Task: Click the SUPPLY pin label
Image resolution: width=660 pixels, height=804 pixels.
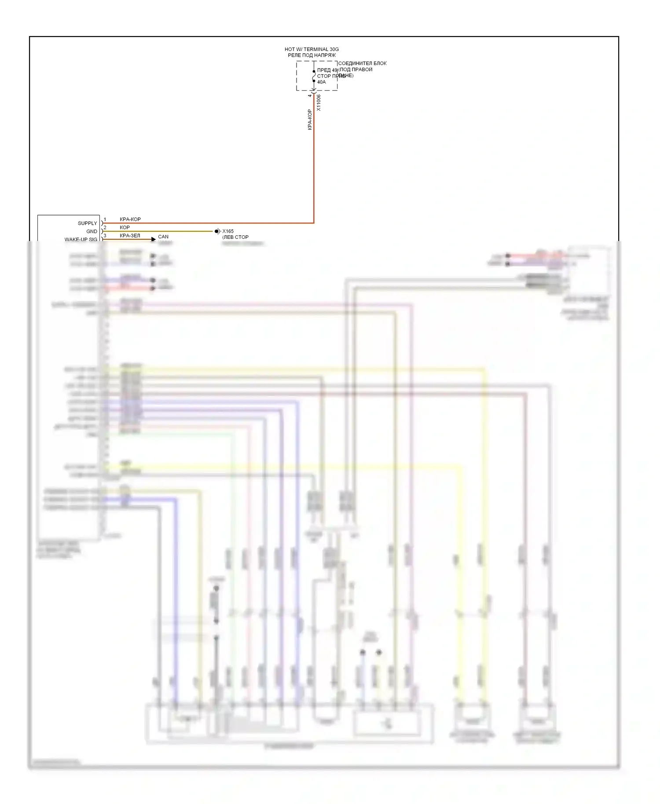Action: [87, 223]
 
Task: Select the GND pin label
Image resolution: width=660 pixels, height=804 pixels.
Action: [92, 231]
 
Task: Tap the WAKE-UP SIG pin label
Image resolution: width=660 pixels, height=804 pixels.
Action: [81, 239]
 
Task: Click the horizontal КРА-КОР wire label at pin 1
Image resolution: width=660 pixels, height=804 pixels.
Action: [130, 219]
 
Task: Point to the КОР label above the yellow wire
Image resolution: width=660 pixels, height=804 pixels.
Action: [125, 227]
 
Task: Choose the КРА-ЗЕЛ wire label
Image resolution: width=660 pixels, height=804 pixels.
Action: [130, 236]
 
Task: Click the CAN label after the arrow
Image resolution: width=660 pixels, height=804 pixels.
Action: [163, 237]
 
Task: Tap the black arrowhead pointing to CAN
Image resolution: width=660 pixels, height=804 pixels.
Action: [153, 239]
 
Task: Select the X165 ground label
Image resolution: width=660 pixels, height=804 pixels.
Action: [228, 231]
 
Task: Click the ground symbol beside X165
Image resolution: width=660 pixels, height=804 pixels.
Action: [217, 231]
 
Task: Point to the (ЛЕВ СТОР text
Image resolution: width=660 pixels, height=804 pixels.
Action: [235, 237]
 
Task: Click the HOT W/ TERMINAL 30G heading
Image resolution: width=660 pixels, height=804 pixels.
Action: [312, 49]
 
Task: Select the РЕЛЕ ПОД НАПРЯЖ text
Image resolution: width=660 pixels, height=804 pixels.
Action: [312, 55]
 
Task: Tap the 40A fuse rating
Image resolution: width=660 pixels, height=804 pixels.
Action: [322, 82]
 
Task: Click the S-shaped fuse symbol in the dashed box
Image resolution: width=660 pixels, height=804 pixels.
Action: [314, 76]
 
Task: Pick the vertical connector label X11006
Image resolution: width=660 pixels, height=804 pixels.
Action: [319, 102]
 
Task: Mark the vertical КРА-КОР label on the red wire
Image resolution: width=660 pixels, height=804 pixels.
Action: [309, 120]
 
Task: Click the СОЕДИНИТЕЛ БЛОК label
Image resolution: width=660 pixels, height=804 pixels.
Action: [362, 63]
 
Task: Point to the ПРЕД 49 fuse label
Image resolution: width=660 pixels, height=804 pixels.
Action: [327, 70]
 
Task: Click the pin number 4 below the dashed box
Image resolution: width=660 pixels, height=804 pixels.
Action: [310, 95]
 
